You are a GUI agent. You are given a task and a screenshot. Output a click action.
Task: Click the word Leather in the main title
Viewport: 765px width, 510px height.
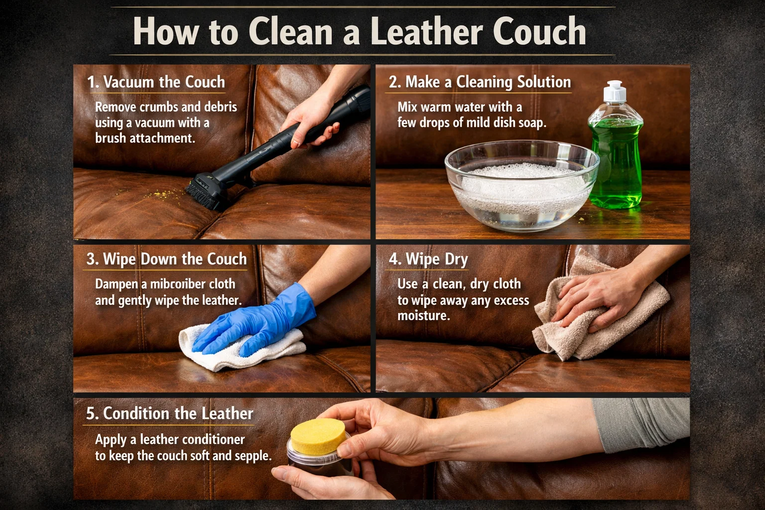[x=426, y=31]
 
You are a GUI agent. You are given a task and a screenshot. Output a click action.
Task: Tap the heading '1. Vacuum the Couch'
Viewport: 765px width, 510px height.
[x=156, y=82]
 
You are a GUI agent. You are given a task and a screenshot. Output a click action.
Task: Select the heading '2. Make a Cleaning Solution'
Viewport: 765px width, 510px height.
[x=480, y=82]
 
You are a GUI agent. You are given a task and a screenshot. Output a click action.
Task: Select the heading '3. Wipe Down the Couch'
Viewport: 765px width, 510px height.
[x=166, y=259]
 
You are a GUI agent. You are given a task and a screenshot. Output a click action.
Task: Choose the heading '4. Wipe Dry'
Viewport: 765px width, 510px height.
[x=428, y=259]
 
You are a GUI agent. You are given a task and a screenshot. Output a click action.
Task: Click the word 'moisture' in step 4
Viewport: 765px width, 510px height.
[x=423, y=316]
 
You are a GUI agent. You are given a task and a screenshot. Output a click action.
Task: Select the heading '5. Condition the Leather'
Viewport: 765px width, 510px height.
[x=169, y=414]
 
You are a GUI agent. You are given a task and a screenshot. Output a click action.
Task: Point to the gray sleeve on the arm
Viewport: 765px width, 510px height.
[x=642, y=423]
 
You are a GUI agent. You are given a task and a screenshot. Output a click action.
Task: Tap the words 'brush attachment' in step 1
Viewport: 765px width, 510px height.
[x=145, y=138]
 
